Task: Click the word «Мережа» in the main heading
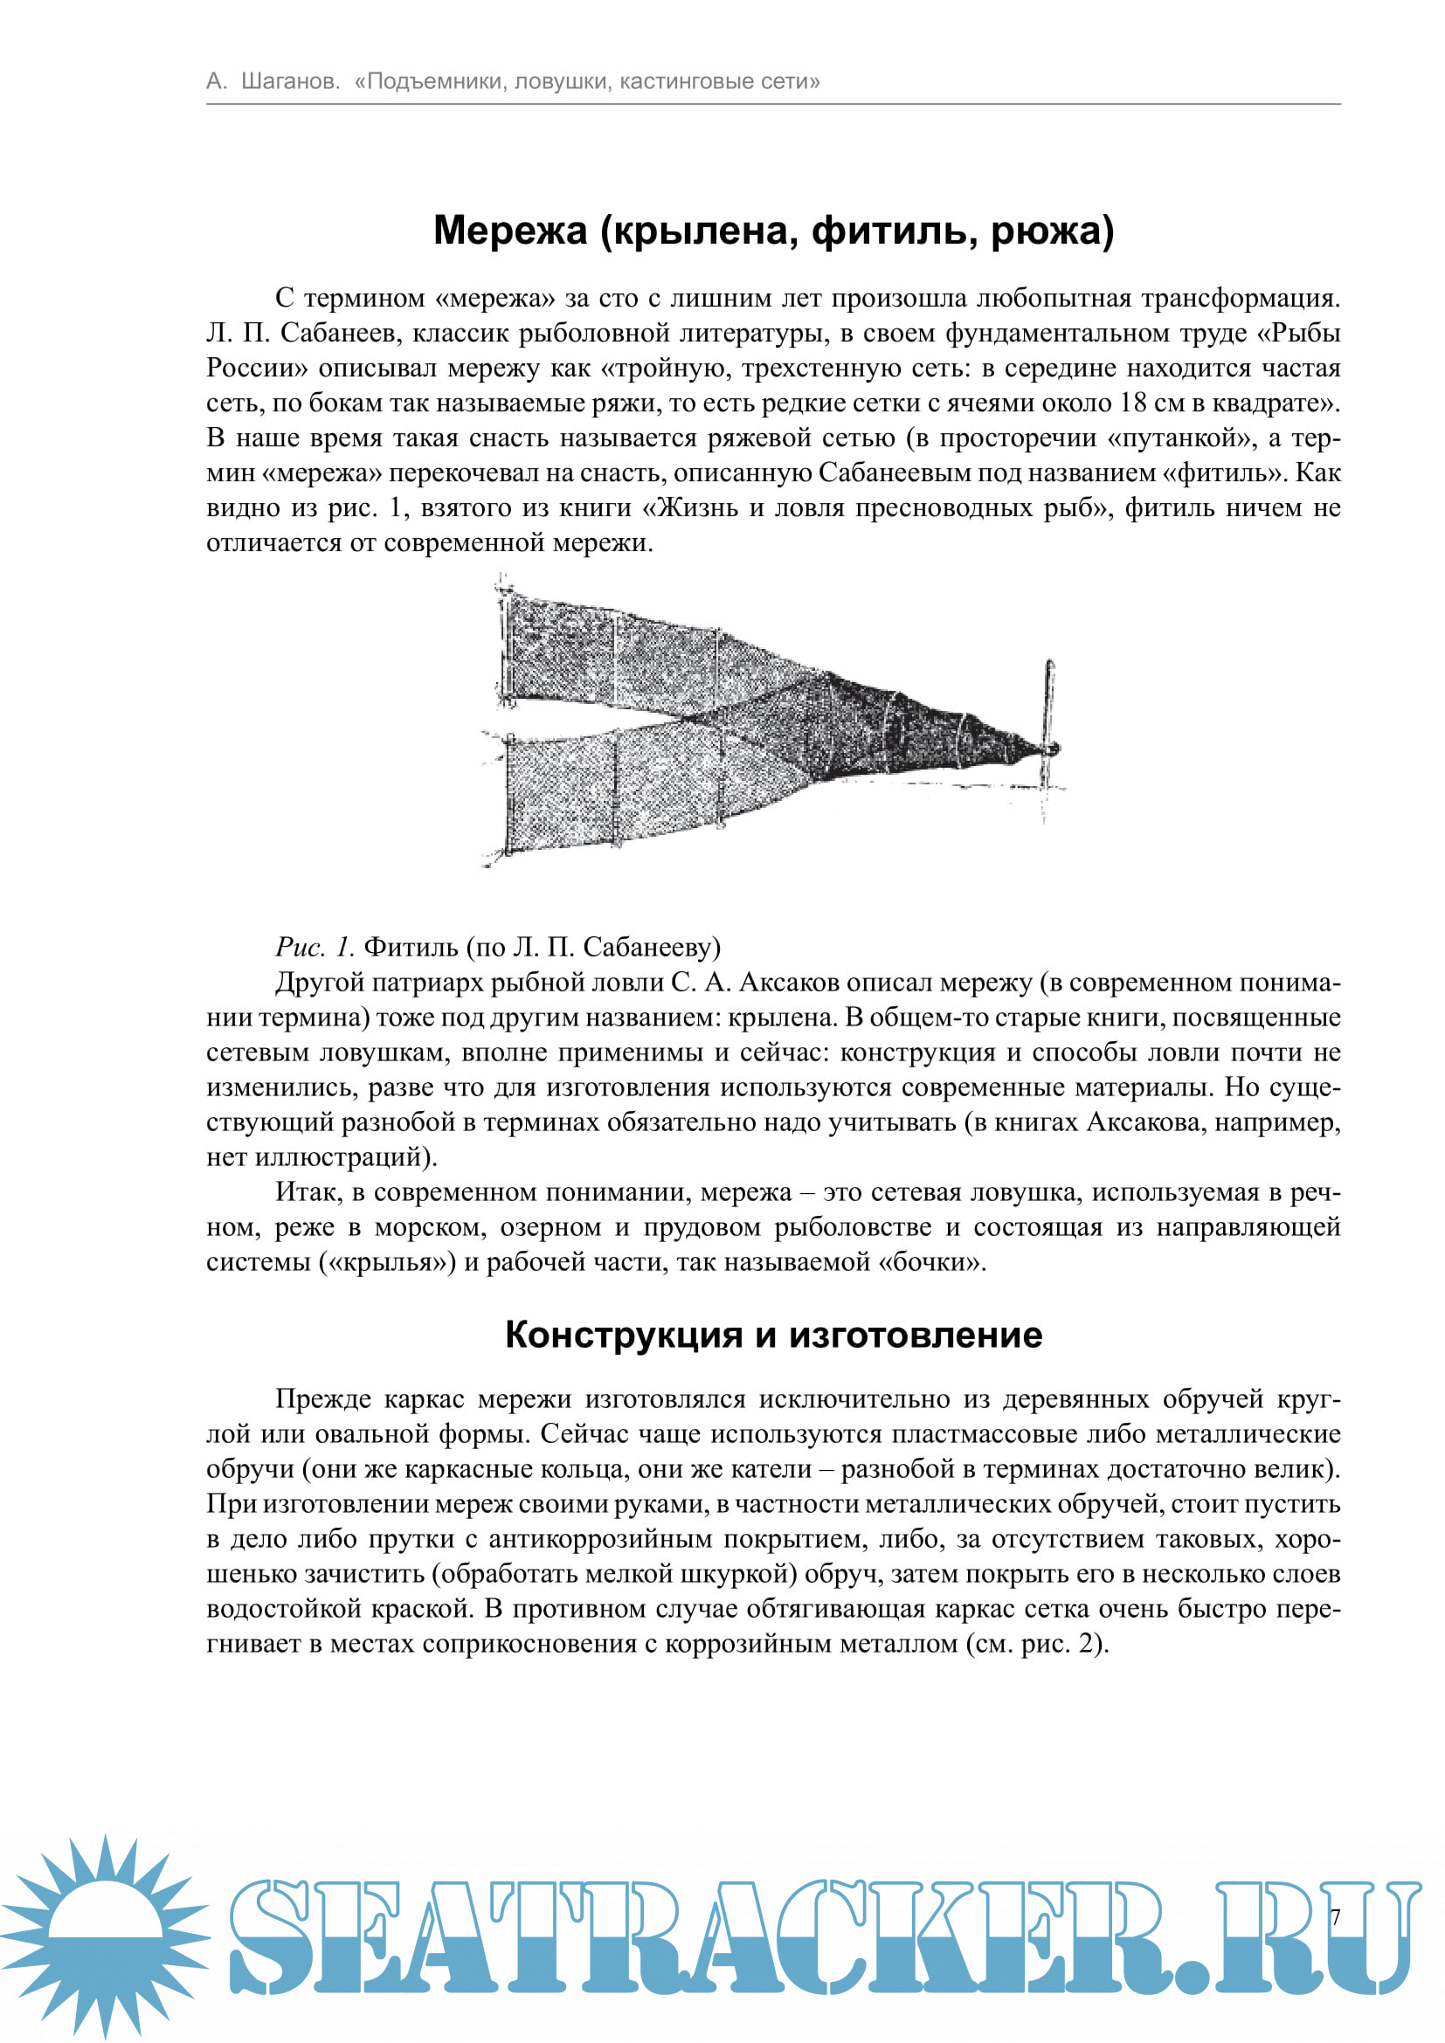(510, 231)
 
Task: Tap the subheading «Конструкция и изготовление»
(773, 1335)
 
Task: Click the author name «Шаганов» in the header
(290, 82)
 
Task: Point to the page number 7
(1335, 1918)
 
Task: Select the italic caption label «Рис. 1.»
(315, 947)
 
